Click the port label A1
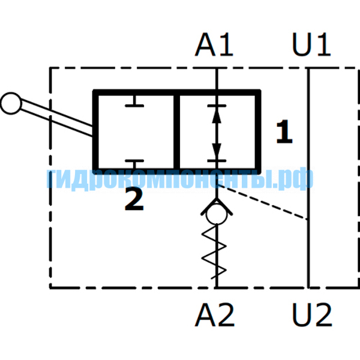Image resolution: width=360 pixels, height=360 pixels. (x=214, y=44)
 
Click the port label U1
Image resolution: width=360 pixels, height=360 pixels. (x=311, y=44)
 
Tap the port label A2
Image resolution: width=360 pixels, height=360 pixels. (x=215, y=315)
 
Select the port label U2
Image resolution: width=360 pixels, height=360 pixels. (x=312, y=315)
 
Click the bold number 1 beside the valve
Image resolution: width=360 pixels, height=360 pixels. (x=284, y=131)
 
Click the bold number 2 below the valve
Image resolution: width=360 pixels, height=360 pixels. (x=134, y=199)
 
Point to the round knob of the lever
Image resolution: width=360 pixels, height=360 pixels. (x=11, y=103)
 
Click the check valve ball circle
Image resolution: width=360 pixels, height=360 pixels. (x=217, y=214)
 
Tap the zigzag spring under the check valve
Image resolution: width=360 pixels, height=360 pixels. (x=214, y=252)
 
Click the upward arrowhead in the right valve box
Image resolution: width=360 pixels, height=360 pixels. (x=217, y=116)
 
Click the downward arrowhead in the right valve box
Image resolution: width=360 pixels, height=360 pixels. (x=217, y=151)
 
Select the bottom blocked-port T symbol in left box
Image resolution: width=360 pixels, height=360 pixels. (x=134, y=164)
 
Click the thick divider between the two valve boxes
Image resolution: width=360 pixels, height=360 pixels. (x=176, y=132)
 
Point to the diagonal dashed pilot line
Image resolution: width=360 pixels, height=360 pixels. (x=262, y=202)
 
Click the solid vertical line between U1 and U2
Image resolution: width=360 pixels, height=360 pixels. (x=308, y=178)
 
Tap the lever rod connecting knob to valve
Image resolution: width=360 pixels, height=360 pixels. (x=56, y=117)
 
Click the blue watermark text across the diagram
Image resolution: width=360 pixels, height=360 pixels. (x=180, y=179)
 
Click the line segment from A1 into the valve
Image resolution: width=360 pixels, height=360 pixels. (x=217, y=79)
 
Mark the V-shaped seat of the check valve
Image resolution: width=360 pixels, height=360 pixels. (x=217, y=206)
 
